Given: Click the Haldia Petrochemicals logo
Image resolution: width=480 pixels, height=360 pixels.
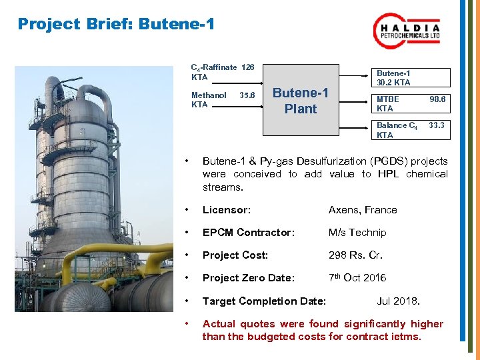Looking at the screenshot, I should point(407,31).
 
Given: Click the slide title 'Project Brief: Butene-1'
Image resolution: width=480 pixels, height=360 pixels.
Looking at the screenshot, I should point(116,25).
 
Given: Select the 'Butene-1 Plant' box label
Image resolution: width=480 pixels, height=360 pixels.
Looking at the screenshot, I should point(301,101).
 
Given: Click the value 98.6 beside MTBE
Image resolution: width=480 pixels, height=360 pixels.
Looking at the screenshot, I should point(437,99).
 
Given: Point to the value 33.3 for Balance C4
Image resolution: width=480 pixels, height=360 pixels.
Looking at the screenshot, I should point(437,125).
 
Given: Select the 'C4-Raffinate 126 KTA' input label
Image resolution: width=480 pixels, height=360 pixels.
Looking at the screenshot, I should point(222,72).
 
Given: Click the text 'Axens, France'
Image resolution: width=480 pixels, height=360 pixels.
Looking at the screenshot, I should point(362,210).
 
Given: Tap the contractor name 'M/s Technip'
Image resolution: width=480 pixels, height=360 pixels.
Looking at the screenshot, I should point(357,233).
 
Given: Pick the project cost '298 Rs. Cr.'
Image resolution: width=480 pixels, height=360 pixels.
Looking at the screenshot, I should point(355,255).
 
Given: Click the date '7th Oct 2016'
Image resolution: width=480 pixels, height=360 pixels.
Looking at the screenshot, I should point(357,278).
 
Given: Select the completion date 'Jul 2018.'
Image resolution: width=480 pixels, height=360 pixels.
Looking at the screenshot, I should point(398,301).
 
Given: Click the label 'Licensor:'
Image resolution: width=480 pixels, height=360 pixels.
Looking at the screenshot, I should point(226,210).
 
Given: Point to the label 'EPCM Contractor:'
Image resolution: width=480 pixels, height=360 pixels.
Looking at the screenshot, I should point(248,233).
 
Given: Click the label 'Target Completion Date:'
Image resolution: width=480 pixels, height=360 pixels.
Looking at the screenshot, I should point(264,301).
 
